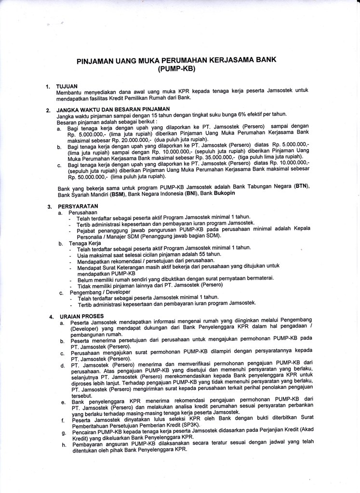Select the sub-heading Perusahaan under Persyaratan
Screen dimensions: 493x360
(82, 212)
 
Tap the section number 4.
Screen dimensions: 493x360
(51, 317)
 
